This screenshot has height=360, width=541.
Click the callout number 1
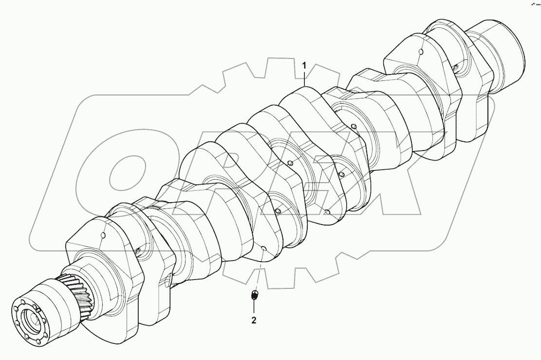(x=305, y=65)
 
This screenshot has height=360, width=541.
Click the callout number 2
(x=254, y=321)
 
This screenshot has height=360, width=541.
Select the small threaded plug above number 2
(x=254, y=295)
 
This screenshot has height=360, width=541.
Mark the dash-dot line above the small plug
(x=259, y=273)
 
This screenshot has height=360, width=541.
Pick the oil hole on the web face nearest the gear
(x=103, y=236)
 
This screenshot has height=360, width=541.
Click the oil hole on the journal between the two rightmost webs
(x=455, y=67)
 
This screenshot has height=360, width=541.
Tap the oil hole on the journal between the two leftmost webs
(x=138, y=251)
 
